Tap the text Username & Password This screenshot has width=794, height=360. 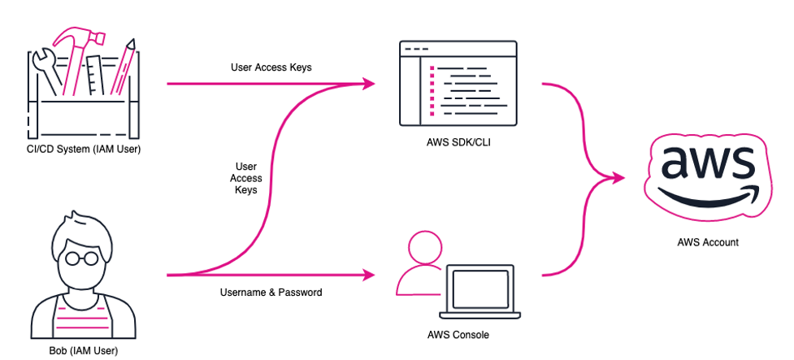point(270,292)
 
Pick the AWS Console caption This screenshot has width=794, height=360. point(458,334)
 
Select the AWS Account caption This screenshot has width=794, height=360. point(706,242)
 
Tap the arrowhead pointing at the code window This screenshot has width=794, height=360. point(370,83)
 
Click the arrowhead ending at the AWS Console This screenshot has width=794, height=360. point(370,275)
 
